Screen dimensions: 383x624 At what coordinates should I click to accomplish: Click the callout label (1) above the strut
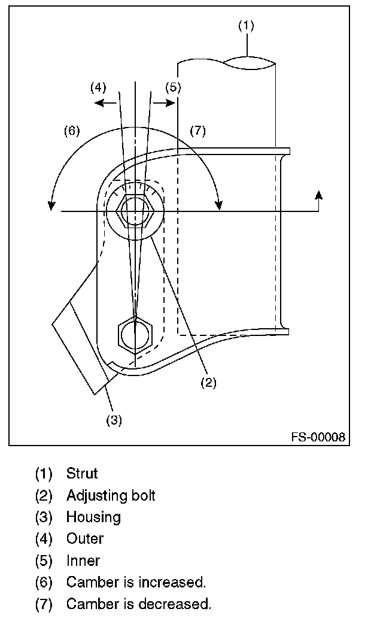[x=246, y=26]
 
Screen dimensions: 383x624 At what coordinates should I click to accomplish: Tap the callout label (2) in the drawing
[x=208, y=383]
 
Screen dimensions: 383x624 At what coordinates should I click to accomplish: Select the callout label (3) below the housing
[x=114, y=420]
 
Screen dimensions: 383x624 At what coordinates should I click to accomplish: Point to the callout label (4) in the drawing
[x=98, y=87]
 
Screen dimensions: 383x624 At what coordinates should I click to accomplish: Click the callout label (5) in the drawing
[x=173, y=87]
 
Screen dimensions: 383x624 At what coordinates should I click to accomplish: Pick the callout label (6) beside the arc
[x=72, y=131]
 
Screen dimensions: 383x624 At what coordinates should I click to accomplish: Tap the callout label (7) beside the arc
[x=197, y=131]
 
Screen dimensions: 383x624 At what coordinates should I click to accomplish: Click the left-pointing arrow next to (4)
[x=105, y=103]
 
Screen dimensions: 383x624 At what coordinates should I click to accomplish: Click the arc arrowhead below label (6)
[x=51, y=206]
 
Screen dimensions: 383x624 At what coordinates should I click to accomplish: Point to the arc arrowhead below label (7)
[x=218, y=206]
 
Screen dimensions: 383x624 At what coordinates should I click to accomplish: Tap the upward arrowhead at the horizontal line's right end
[x=318, y=195]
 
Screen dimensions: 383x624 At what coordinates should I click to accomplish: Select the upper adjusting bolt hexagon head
[x=135, y=211]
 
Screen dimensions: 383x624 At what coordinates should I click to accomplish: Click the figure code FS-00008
[x=318, y=437]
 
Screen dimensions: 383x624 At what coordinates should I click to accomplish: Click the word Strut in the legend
[x=82, y=473]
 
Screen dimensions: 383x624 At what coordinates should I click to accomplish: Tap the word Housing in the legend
[x=93, y=517]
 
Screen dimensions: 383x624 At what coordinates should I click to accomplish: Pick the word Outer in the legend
[x=85, y=538]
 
